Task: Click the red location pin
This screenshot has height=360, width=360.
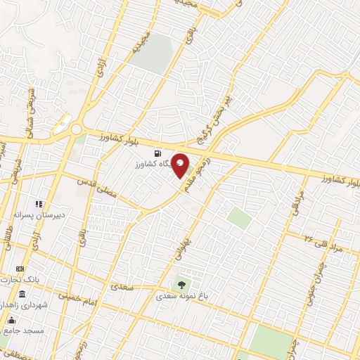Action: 181,166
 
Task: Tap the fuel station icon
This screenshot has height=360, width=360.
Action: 156,153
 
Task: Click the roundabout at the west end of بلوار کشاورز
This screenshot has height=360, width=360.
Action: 75,129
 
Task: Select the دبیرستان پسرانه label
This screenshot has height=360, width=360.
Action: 40,214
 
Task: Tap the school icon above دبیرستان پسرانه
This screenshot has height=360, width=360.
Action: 39,204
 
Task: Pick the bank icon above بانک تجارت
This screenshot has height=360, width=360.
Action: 20,269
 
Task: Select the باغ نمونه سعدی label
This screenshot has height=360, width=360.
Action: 182,296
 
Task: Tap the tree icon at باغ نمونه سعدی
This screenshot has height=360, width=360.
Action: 182,285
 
